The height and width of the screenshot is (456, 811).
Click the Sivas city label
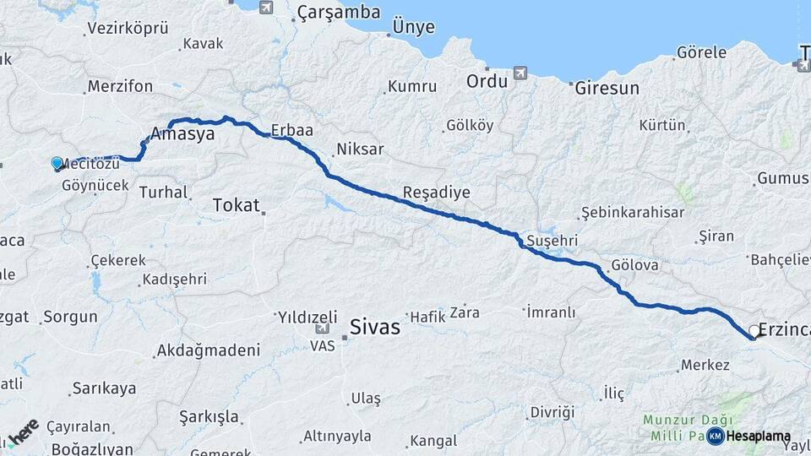click(375, 328)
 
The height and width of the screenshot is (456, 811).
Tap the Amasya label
click(182, 133)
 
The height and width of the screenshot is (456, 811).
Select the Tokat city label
click(236, 204)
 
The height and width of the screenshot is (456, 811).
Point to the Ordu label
click(487, 81)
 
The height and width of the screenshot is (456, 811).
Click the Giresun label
click(607, 87)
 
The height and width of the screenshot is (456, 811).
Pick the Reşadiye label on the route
click(436, 192)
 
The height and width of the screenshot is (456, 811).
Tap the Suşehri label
click(551, 241)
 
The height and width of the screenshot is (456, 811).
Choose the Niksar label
click(360, 149)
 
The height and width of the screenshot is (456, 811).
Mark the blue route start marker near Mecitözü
click(57, 163)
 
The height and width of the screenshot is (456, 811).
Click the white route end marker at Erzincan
click(754, 330)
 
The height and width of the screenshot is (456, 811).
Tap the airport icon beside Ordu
click(519, 73)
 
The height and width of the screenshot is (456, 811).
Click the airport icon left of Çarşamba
click(267, 8)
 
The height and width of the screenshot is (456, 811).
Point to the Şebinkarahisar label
click(632, 212)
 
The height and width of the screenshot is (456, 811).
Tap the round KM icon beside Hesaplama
click(716, 436)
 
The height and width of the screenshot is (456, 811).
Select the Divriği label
click(552, 412)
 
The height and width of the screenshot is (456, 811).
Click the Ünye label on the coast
click(413, 27)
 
